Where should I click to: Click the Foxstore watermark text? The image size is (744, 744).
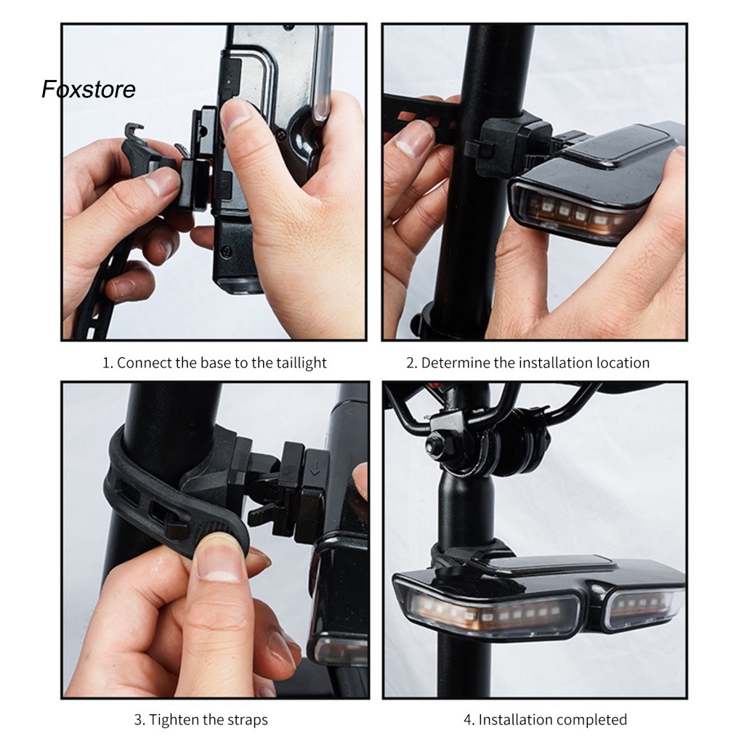(x=89, y=89)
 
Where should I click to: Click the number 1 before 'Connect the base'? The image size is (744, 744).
(x=108, y=363)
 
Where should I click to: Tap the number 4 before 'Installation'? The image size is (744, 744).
(x=469, y=720)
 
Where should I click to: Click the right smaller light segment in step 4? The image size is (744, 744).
(x=645, y=607)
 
